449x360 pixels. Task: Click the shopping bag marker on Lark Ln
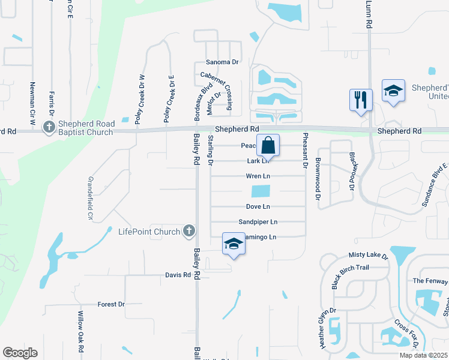268,145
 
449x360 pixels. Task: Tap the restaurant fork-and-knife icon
361,99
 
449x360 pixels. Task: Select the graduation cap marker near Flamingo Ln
233,244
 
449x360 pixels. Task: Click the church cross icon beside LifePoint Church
188,231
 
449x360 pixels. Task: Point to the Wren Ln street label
258,176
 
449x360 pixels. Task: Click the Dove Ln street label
258,206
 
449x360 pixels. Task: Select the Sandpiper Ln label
258,221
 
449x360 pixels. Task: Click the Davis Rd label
178,275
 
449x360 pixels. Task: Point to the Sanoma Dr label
222,62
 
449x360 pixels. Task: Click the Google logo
20,353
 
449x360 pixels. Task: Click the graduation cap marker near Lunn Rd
393,91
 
